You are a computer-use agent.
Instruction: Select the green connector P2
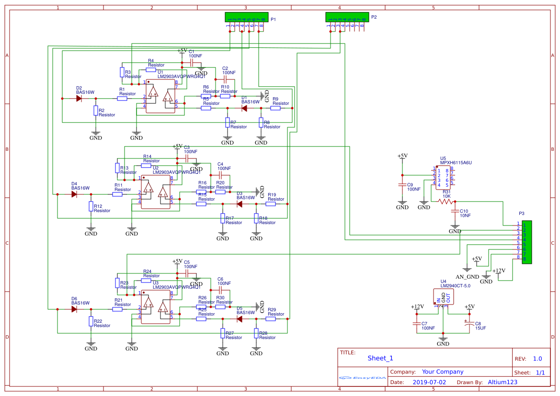[x=347, y=17]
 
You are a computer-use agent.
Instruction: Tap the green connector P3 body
[x=527, y=242]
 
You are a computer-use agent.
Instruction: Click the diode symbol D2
[x=79, y=99]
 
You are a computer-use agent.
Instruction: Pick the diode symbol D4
[x=74, y=194]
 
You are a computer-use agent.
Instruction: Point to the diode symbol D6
[x=74, y=309]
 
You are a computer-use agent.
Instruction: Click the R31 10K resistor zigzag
[x=446, y=202]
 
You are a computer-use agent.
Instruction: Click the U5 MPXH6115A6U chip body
[x=444, y=177]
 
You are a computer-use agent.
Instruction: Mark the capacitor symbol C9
[x=402, y=184]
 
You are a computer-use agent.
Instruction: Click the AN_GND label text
[x=467, y=277]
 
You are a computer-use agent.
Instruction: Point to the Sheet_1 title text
[x=380, y=358]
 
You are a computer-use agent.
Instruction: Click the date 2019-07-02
[x=429, y=382]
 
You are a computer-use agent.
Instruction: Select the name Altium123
[x=503, y=382]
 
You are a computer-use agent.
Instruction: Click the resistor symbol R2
[x=95, y=111]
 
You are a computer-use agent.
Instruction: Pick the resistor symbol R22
[x=91, y=322]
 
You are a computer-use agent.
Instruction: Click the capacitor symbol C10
[x=455, y=213]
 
